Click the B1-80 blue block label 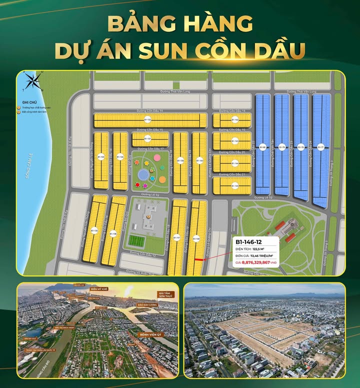pyautogui.click(x=262, y=147)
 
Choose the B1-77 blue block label pyautogui.click(x=320, y=147)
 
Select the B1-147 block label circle pyautogui.click(x=176, y=238)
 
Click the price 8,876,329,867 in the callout pyautogui.click(x=256, y=262)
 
